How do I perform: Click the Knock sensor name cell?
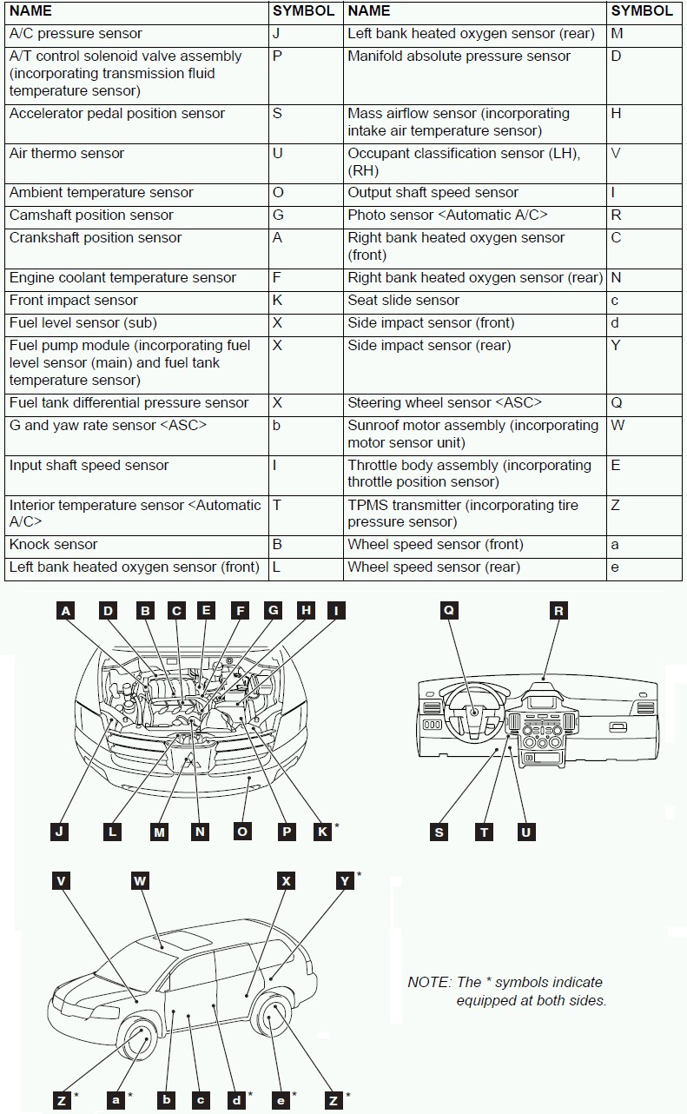[x=53, y=545]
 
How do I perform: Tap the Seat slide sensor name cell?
[x=403, y=301]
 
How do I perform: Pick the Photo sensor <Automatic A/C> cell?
[x=447, y=216]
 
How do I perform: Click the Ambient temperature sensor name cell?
[x=101, y=193]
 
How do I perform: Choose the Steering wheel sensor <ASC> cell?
[x=445, y=403]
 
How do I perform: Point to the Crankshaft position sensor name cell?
[x=96, y=238]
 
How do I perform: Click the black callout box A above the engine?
[x=66, y=611]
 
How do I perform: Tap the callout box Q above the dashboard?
[x=449, y=611]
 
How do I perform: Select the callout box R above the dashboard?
[x=558, y=611]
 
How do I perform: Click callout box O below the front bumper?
[x=242, y=832]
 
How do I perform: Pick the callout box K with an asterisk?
[x=321, y=832]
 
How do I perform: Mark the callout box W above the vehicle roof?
[x=140, y=881]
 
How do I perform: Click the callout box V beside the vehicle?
[x=61, y=881]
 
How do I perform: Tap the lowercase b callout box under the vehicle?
[x=167, y=1100]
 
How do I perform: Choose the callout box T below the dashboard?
[x=485, y=832]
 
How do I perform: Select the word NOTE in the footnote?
[x=428, y=983]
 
